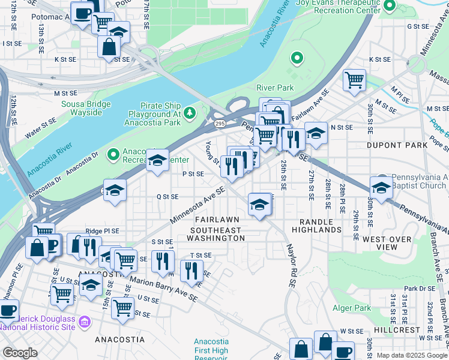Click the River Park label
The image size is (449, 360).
275,88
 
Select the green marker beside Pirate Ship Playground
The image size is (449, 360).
190,112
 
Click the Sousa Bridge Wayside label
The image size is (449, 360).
86,108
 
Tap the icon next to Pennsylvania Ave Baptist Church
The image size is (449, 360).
381,187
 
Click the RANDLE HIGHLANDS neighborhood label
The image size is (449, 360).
317,226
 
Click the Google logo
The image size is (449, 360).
20,353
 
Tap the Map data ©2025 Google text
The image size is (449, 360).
411,355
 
